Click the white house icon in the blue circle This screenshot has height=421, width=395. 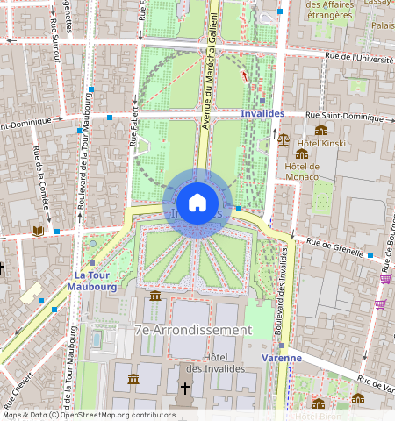(x=197, y=203)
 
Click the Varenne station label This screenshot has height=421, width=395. (x=283, y=358)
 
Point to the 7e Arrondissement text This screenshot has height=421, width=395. (x=192, y=330)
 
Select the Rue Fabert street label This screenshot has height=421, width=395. (x=134, y=126)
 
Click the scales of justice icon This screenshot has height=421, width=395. (x=284, y=139)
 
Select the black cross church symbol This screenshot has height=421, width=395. (x=184, y=388)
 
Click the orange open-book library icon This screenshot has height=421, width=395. (x=37, y=232)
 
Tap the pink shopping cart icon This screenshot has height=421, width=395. (x=384, y=279)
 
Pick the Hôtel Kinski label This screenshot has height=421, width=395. (x=320, y=142)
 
